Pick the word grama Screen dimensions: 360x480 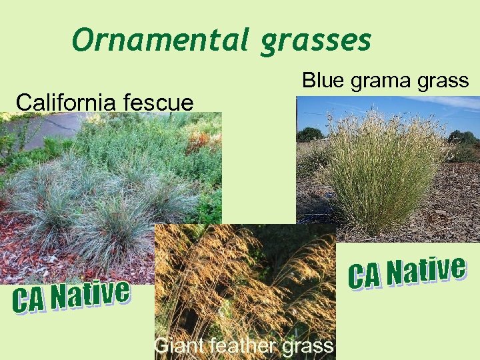[380, 82]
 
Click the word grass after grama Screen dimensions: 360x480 [444, 82]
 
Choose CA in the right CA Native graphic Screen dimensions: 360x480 [365, 275]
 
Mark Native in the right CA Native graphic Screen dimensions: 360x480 [427, 271]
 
